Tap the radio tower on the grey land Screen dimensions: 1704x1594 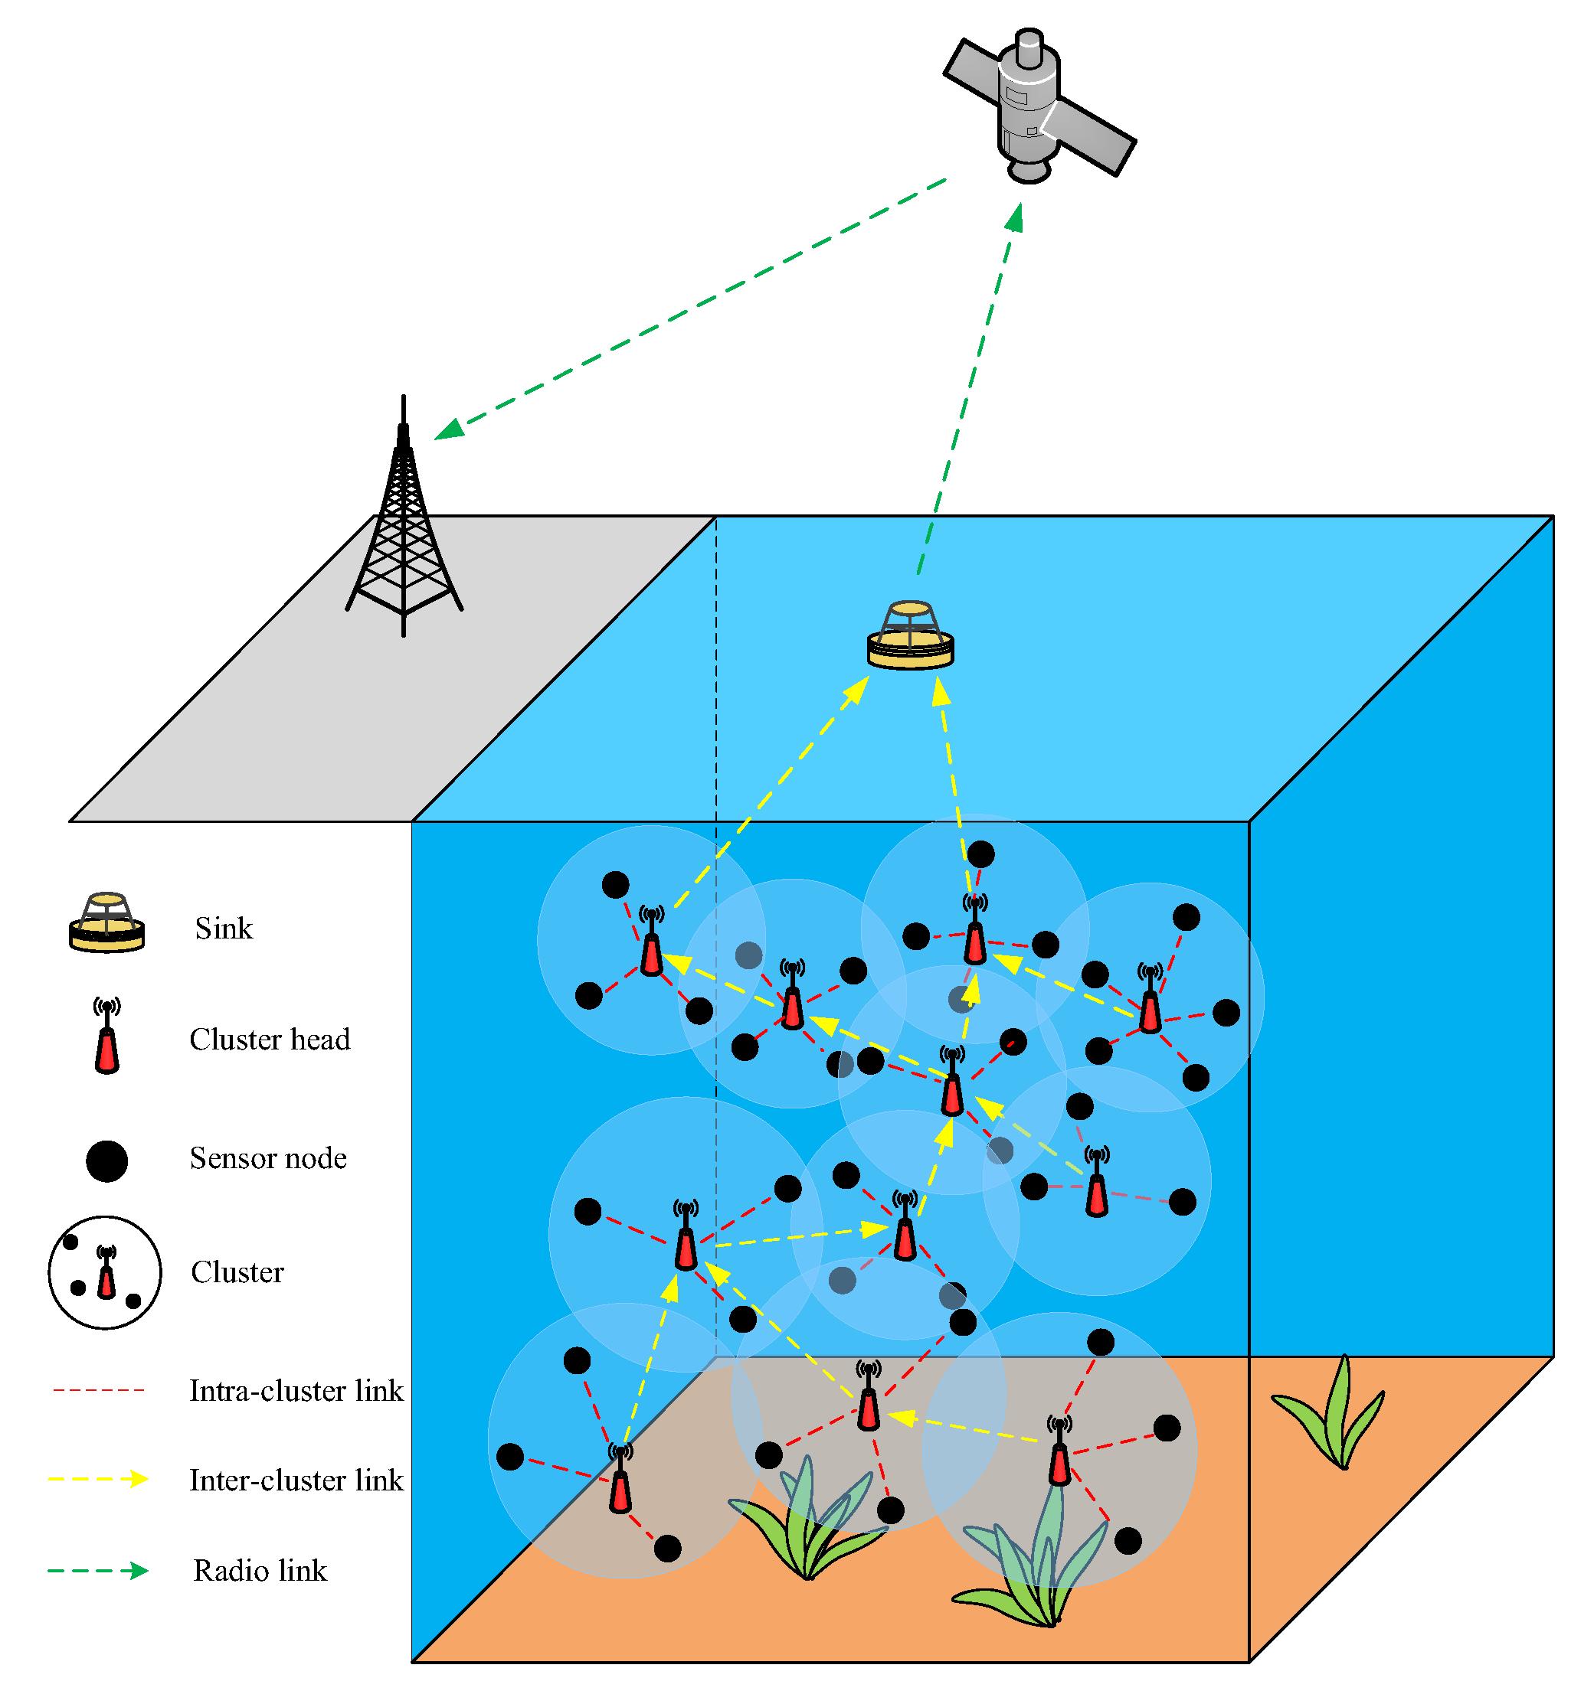point(404,531)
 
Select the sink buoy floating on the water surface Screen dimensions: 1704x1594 point(910,636)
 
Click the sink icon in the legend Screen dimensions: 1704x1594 point(106,923)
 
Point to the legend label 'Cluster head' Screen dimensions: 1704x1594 point(269,1040)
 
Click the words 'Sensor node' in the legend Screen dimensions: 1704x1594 point(267,1159)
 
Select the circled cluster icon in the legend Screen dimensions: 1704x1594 point(105,1273)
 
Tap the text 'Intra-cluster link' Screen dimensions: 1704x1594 point(296,1391)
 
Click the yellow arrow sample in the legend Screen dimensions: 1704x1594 point(99,1480)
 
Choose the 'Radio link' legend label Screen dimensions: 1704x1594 point(260,1571)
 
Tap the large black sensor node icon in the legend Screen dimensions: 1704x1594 point(106,1161)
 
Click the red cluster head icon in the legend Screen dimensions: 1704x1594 point(106,1039)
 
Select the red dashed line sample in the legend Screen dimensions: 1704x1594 point(99,1390)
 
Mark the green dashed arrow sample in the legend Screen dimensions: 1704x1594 point(99,1570)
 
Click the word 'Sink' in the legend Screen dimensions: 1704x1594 point(224,929)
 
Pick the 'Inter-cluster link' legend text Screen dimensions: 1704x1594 point(296,1481)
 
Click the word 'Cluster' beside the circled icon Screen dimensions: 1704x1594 point(237,1273)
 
